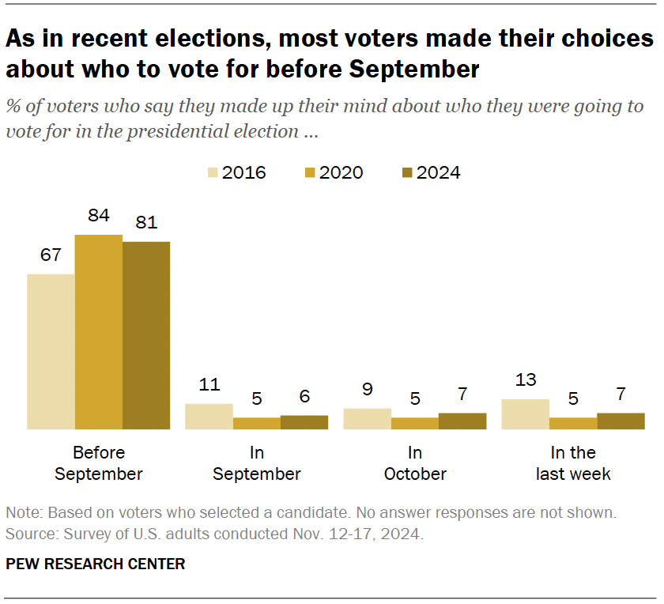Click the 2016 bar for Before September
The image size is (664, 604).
pos(51,352)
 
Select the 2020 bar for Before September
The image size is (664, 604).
pos(99,332)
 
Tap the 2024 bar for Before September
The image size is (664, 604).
pos(146,335)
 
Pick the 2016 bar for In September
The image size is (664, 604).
pos(209,417)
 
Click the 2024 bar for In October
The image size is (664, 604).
pos(462,421)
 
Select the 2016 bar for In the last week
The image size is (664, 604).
pos(526,414)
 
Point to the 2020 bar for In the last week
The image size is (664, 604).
pos(573,424)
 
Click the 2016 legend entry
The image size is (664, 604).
pos(236,172)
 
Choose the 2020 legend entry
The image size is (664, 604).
pos(333,172)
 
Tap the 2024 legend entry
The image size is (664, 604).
pos(430,172)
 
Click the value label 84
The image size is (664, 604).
pos(99,216)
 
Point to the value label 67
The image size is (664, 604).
pos(51,255)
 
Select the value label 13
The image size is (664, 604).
pos(526,380)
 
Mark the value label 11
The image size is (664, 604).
pos(209,385)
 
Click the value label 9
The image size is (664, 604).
pos(368,390)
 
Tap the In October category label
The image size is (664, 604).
pos(415,463)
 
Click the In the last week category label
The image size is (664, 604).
pos(573,463)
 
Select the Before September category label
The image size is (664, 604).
pos(99,463)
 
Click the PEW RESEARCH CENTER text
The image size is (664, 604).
pos(96,564)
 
